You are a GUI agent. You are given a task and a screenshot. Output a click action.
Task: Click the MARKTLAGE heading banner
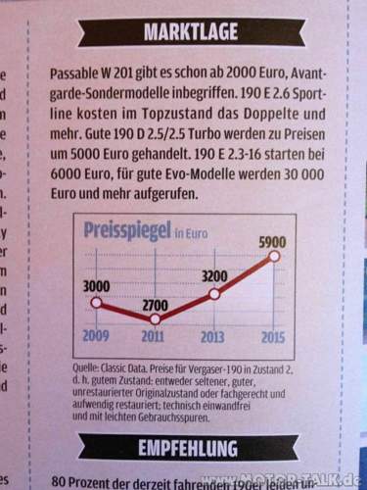click(191, 33)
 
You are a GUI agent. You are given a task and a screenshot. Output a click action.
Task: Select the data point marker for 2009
click(96, 303)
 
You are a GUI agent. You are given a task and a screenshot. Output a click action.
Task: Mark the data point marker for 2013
click(214, 292)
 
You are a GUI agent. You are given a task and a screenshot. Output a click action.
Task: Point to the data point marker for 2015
click(274, 255)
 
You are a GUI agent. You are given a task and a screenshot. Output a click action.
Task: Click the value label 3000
click(95, 284)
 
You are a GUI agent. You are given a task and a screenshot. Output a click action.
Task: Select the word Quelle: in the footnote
click(75, 367)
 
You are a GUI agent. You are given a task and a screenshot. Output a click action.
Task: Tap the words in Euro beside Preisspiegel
click(195, 232)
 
